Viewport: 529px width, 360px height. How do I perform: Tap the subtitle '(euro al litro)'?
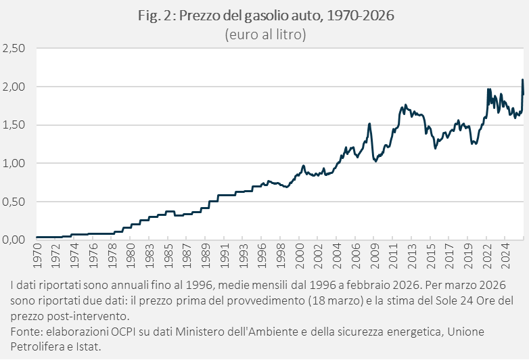(x=265, y=34)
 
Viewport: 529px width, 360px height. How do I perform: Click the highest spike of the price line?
(x=522, y=80)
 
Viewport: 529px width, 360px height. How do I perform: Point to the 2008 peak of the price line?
(x=369, y=124)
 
